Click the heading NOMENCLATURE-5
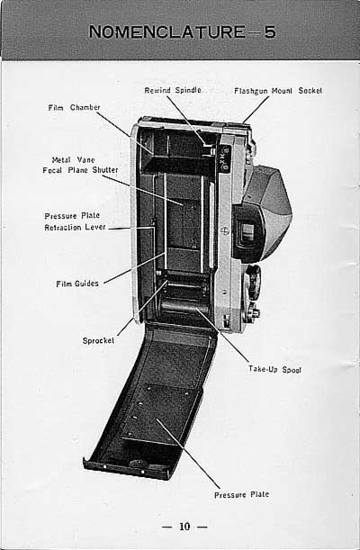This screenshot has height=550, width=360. [183, 32]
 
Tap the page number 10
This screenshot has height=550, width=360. [184, 527]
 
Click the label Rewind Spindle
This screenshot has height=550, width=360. [173, 90]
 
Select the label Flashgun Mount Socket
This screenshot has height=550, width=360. [278, 91]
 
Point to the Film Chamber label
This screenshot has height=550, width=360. [74, 107]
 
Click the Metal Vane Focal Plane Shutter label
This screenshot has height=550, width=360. [80, 165]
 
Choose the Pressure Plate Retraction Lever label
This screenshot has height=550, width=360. [75, 221]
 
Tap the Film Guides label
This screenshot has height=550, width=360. [77, 284]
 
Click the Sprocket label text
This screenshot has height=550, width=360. [98, 340]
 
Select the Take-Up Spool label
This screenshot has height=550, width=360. [274, 369]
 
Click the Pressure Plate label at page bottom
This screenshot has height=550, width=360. [241, 494]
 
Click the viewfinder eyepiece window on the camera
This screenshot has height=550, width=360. [247, 230]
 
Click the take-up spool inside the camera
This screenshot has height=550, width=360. [184, 306]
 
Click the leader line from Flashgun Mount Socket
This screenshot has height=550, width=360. [256, 110]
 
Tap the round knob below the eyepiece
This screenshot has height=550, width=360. [253, 277]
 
